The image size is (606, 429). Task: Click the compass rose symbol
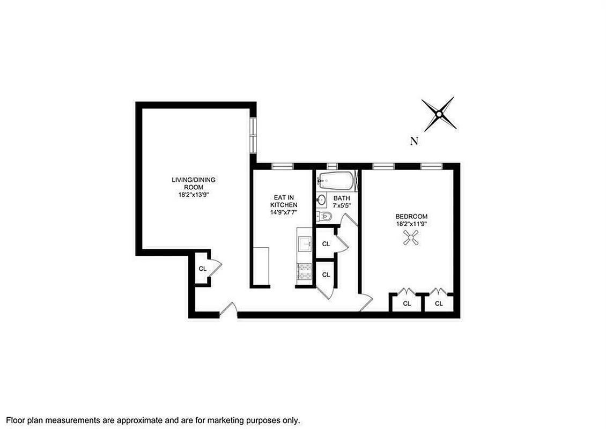click(439, 114)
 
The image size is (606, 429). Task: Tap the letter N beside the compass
click(413, 142)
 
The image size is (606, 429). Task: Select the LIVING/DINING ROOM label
click(194, 183)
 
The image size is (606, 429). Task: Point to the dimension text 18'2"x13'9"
click(194, 195)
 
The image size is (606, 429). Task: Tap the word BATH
click(342, 198)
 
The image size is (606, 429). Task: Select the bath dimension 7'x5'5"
click(342, 205)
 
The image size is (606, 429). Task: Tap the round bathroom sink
click(321, 201)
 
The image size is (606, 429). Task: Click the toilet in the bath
click(325, 216)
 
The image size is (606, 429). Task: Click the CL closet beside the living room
click(203, 268)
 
